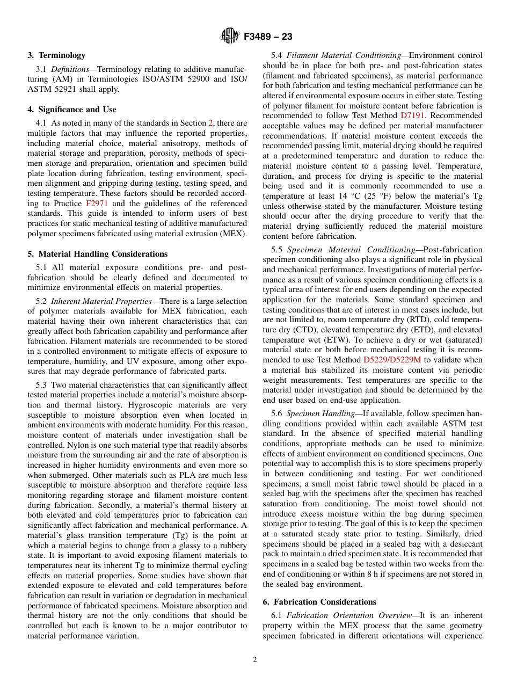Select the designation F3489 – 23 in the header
[268, 37]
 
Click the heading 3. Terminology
[56, 55]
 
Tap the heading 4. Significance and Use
[72, 110]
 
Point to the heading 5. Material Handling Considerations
[98, 254]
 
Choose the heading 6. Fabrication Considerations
[319, 602]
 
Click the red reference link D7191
[414, 115]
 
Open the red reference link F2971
[96, 204]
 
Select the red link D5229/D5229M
[392, 360]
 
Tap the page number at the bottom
[255, 660]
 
